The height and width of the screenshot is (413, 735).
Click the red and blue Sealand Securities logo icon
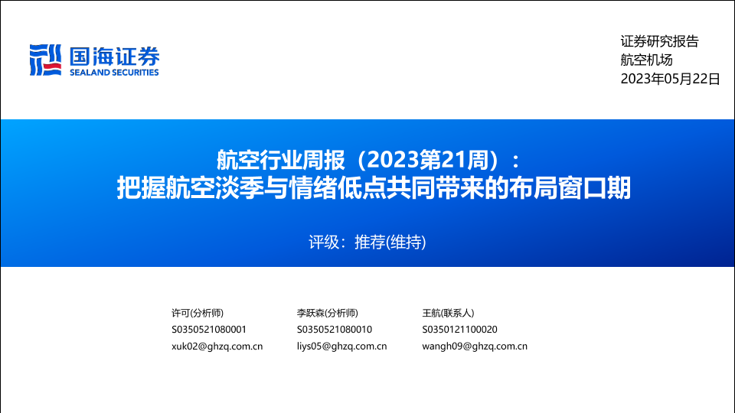(45, 60)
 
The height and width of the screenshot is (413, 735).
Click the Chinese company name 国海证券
(114, 57)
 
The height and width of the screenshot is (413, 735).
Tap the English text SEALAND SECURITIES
(114, 73)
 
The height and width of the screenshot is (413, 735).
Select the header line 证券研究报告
(659, 41)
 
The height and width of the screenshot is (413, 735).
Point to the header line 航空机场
(646, 60)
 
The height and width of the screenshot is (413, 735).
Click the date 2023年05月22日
(671, 79)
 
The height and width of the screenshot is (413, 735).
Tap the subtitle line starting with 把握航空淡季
(374, 188)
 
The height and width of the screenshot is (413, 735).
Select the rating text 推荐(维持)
(390, 242)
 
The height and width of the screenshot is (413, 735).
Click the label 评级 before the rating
(323, 242)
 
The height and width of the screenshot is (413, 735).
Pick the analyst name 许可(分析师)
(198, 313)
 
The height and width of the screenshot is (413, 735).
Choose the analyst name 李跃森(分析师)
(327, 313)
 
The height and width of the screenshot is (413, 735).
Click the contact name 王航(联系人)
(448, 313)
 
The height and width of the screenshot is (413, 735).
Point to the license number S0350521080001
(209, 330)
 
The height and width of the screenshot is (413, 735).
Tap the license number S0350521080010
(335, 330)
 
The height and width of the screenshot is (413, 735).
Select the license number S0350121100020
(460, 330)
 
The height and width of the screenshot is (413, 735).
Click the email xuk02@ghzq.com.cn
(217, 346)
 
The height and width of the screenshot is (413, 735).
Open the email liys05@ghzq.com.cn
(341, 346)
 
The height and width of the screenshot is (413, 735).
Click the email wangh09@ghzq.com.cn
(475, 346)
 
